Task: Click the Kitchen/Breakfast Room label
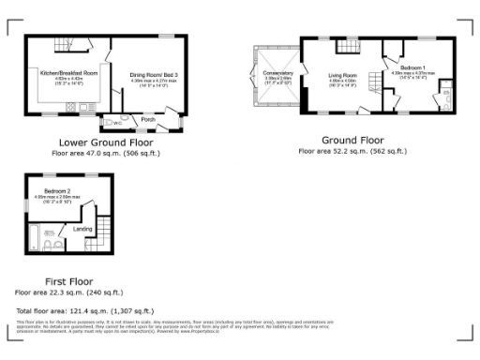63,71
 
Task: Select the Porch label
147,119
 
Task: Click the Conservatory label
277,74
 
